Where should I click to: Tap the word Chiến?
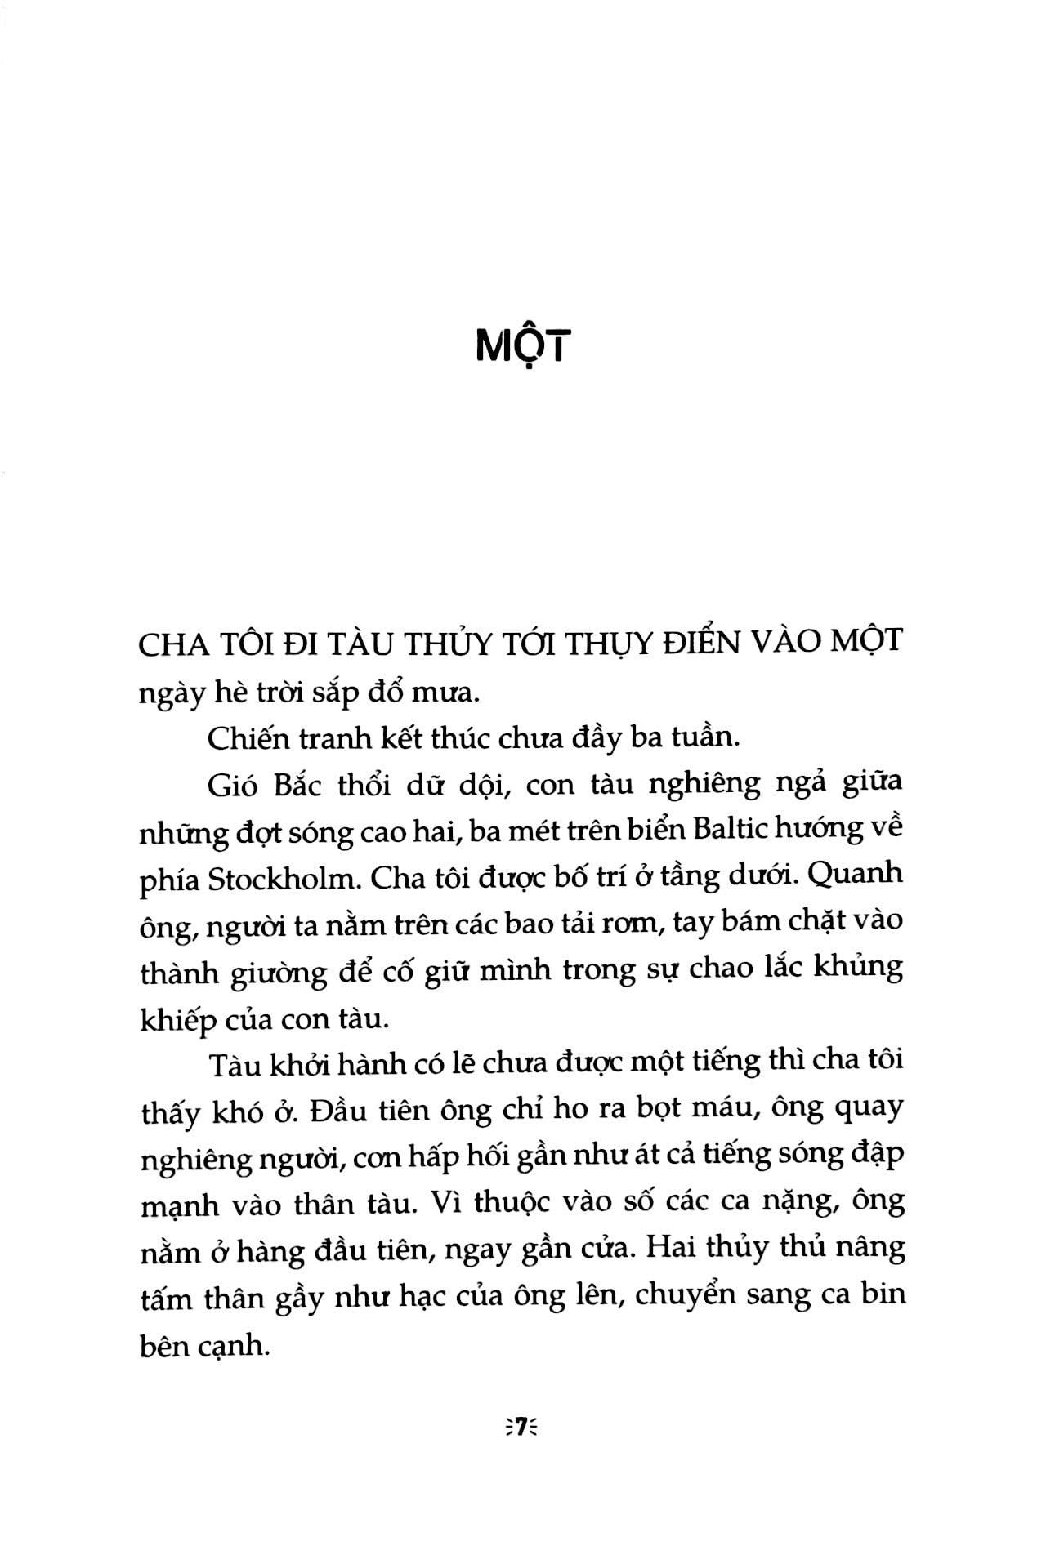click(x=249, y=737)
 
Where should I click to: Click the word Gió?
click(x=233, y=785)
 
